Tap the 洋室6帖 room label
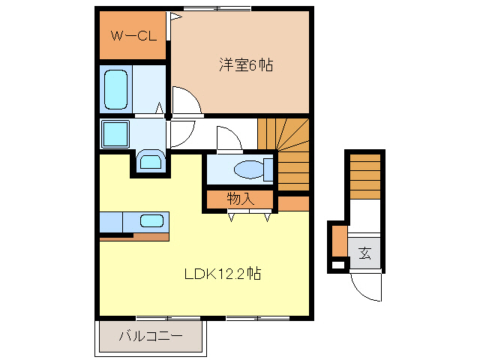(x=245, y=65)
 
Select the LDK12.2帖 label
(x=223, y=274)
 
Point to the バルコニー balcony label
(x=150, y=336)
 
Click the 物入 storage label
(x=241, y=199)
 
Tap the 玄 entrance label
(x=364, y=253)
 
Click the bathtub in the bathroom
(x=117, y=90)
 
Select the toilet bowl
(x=248, y=169)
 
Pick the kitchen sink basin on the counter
(x=152, y=221)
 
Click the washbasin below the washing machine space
(x=150, y=160)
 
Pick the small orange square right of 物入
(x=293, y=202)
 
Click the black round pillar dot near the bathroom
(x=169, y=116)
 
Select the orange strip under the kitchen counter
(x=135, y=238)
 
